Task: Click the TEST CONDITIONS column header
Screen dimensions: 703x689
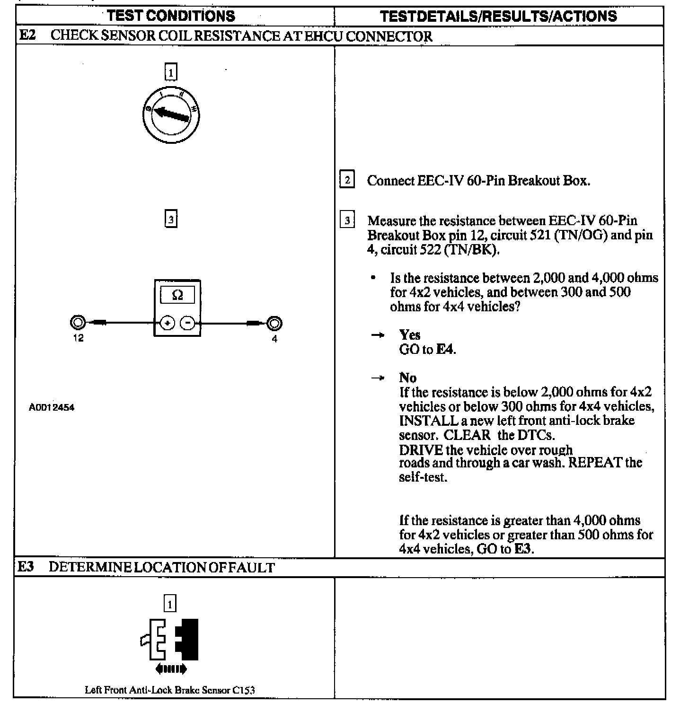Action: pyautogui.click(x=171, y=16)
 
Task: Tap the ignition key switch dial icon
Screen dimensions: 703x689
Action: pyautogui.click(x=171, y=114)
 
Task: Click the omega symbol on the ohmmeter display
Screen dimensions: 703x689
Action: pyautogui.click(x=177, y=295)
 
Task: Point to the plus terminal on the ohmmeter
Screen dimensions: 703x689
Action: pyautogui.click(x=167, y=323)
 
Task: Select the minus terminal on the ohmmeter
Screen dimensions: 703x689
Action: pyautogui.click(x=188, y=323)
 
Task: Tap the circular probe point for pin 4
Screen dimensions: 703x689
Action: pyautogui.click(x=274, y=324)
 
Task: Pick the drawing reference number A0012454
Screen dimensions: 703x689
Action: pyautogui.click(x=52, y=407)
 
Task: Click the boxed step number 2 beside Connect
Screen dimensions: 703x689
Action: pyautogui.click(x=347, y=180)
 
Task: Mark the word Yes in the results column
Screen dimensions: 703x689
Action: pyautogui.click(x=409, y=335)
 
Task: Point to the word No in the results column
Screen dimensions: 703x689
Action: pyautogui.click(x=407, y=378)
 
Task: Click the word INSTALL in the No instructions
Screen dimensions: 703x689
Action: pyautogui.click(x=428, y=421)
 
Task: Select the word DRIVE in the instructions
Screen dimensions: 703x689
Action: pyautogui.click(x=421, y=450)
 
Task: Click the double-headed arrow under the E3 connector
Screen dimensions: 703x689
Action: pyautogui.click(x=171, y=669)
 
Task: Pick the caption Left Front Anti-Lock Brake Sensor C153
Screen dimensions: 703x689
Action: pyautogui.click(x=170, y=690)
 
